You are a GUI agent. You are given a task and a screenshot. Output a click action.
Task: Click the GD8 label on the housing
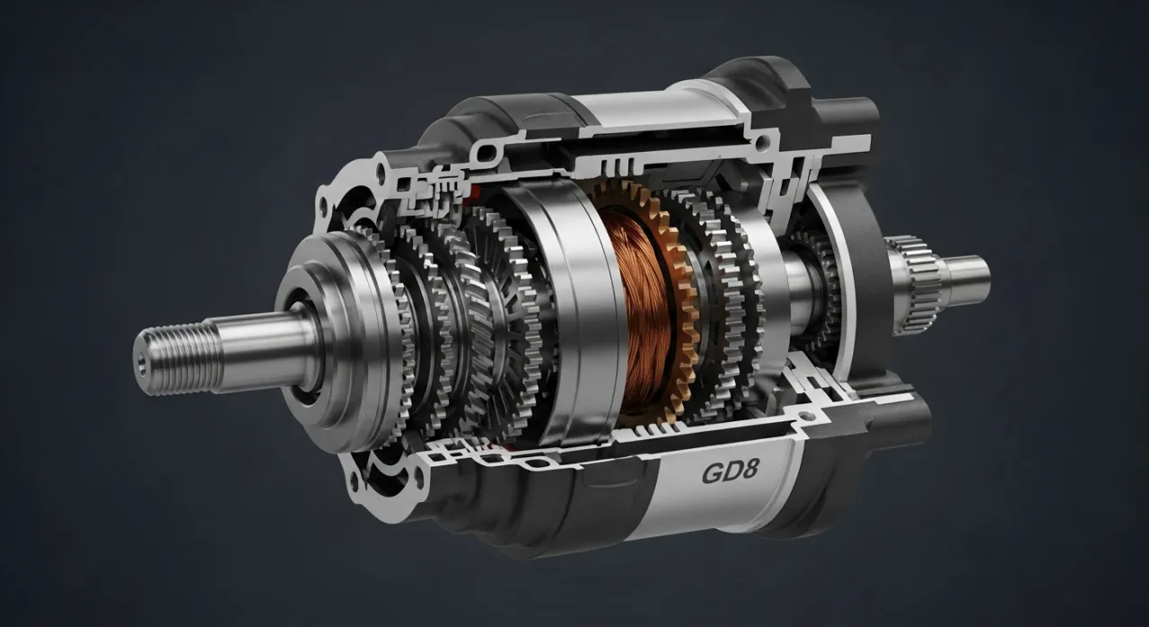click(729, 472)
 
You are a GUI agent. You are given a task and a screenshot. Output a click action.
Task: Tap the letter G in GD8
click(712, 473)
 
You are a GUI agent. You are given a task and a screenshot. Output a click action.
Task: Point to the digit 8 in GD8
click(749, 471)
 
